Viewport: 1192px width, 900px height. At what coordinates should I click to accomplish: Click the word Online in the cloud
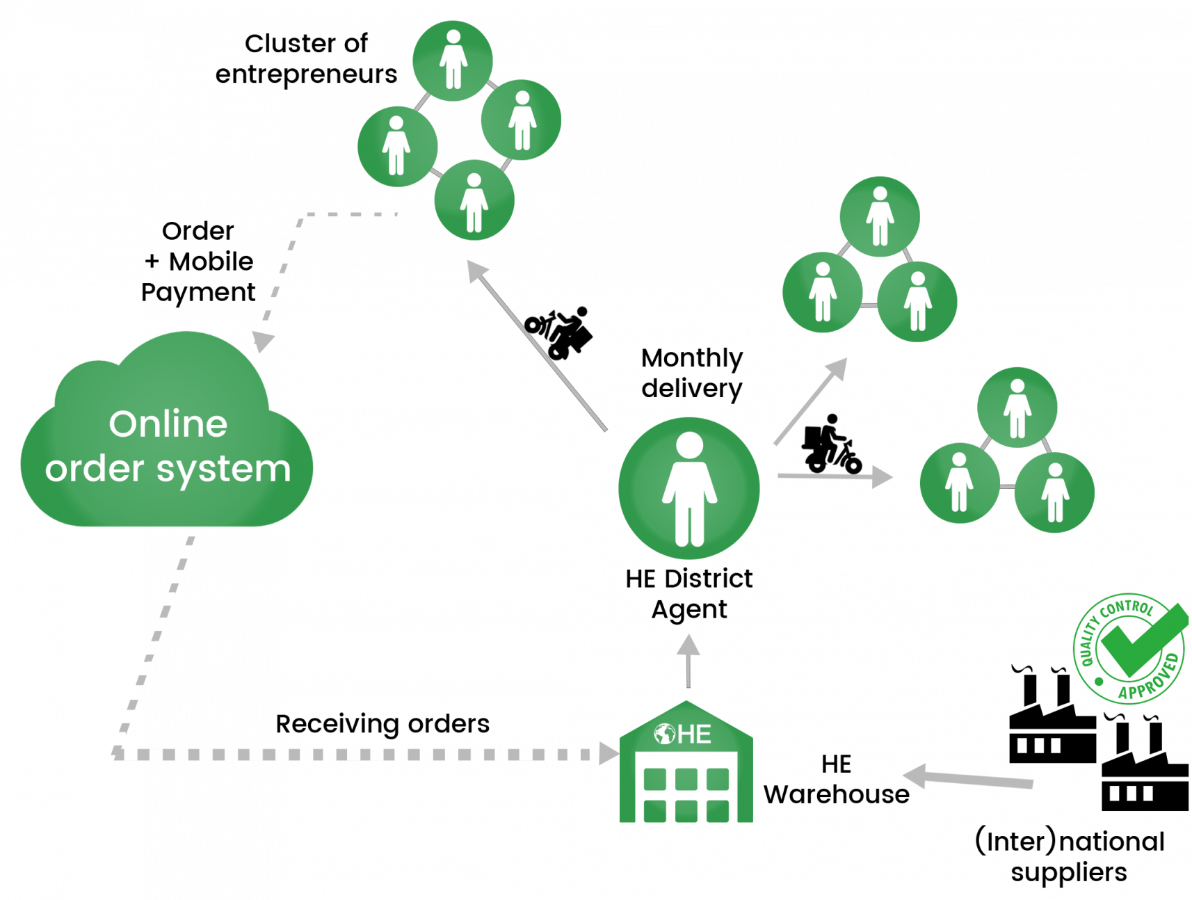(168, 424)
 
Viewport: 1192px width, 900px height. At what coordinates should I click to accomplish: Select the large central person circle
(688, 488)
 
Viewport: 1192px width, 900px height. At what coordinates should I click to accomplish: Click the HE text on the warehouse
(694, 734)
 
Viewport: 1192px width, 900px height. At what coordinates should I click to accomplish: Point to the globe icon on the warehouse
(665, 734)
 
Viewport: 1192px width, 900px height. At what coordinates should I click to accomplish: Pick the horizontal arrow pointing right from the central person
(835, 476)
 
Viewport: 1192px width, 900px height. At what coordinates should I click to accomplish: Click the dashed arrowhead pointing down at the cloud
(263, 341)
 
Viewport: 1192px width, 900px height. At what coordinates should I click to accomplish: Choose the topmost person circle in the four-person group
(453, 61)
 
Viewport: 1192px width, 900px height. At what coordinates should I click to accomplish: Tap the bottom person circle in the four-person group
(474, 200)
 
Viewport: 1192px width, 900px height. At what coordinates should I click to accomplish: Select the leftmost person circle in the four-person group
(397, 146)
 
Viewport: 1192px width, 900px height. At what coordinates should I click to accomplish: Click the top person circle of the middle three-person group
(879, 216)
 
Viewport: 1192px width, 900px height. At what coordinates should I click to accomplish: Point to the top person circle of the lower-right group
(1017, 407)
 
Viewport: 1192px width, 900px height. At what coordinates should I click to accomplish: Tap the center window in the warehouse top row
(686, 779)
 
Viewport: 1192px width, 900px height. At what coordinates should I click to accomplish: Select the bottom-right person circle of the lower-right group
(1054, 492)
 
